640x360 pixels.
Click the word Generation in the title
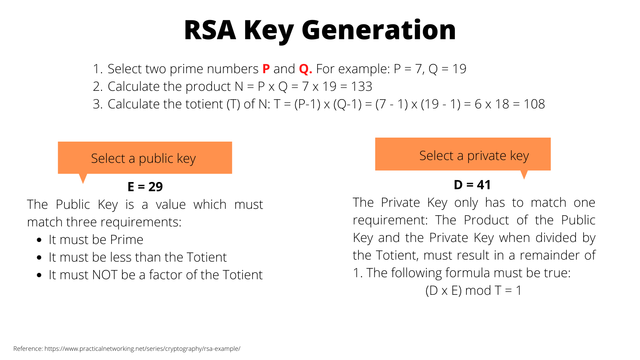click(378, 30)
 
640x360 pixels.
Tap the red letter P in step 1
click(266, 69)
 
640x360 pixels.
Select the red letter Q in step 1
click(305, 69)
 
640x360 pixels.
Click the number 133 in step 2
click(362, 86)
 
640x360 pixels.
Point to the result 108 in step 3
click(534, 104)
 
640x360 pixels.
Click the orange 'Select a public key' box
click(144, 158)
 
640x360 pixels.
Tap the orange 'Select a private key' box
click(462, 154)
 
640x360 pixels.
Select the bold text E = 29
click(145, 186)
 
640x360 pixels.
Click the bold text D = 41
click(472, 185)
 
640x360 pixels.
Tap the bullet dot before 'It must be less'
click(39, 258)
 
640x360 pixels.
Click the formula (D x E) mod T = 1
click(473, 290)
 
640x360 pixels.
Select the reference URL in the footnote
click(142, 349)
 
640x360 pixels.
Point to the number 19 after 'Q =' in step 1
click(459, 69)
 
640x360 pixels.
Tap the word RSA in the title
click(210, 30)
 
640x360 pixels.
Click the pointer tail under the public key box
click(83, 178)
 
